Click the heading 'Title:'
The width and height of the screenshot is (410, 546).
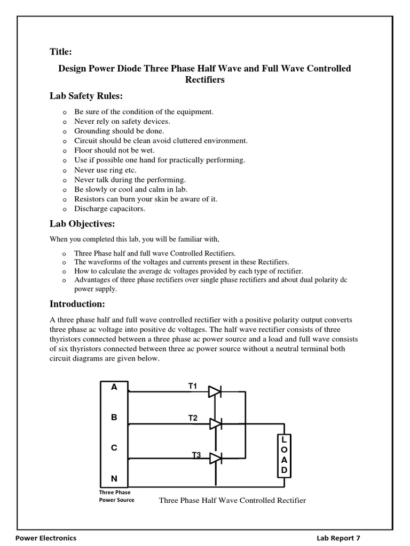(60, 52)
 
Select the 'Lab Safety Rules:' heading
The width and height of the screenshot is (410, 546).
(86, 96)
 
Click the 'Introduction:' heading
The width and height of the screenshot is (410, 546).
(77, 304)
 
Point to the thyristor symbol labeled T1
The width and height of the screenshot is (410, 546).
(215, 392)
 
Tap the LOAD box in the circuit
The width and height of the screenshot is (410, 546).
(285, 455)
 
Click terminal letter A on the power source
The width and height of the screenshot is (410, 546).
(114, 388)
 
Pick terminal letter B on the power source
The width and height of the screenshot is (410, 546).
(114, 417)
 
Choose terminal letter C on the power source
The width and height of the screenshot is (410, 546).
(114, 448)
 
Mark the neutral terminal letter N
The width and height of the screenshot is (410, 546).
(114, 478)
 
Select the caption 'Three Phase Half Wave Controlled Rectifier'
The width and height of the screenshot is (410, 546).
(232, 500)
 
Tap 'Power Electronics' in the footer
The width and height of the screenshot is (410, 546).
(46, 538)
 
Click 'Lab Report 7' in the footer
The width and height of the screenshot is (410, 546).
(342, 538)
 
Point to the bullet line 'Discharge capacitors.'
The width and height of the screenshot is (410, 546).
(109, 208)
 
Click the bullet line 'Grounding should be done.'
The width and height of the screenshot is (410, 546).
(119, 131)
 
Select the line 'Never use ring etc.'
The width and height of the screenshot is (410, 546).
(105, 170)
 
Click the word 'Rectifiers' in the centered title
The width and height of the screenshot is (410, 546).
(204, 79)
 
